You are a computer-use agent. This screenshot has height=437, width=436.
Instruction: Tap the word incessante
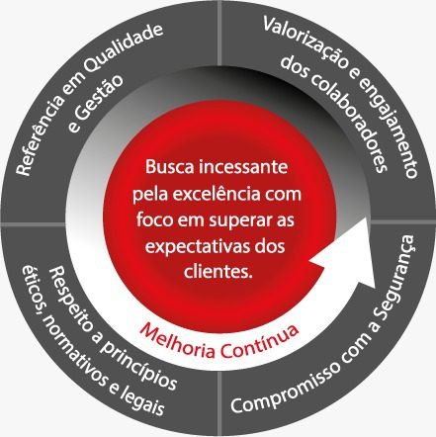[x=243, y=167]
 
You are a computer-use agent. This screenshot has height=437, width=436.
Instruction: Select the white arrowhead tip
[x=377, y=287]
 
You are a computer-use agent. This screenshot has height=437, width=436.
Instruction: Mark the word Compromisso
[x=290, y=384]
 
